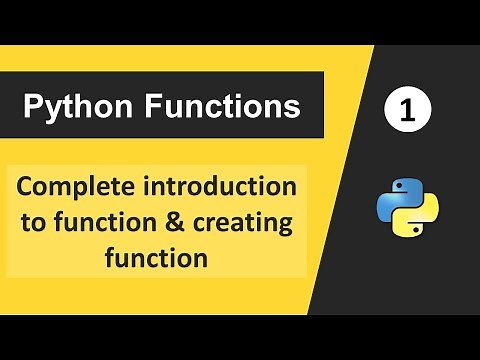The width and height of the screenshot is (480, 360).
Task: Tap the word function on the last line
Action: (x=156, y=257)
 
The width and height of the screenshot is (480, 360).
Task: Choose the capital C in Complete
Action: (x=26, y=188)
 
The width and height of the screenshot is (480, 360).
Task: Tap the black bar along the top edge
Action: (x=240, y=20)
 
